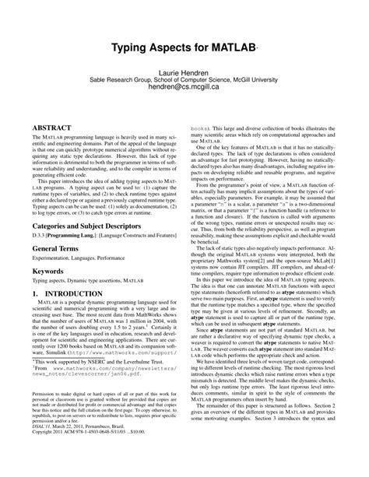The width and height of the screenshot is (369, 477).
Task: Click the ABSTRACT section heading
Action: [53, 124]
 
